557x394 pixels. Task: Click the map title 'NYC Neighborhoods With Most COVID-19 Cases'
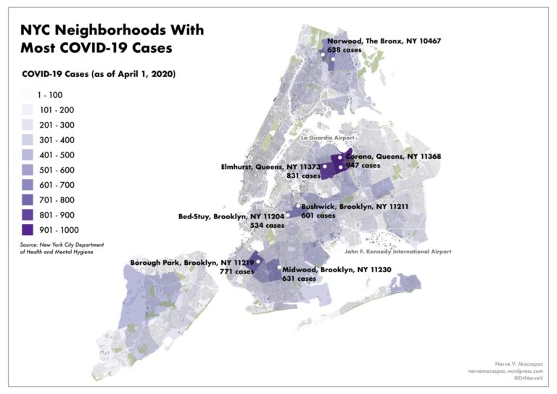(x=112, y=40)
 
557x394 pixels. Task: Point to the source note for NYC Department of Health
(x=57, y=249)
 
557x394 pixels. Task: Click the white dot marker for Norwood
(x=333, y=59)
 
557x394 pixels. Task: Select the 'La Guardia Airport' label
(x=329, y=137)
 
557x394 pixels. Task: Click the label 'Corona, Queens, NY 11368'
(x=393, y=157)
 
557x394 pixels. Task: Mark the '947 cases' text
(x=363, y=166)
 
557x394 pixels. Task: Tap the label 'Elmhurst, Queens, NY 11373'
(x=270, y=167)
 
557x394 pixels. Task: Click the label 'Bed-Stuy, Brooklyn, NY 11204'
(x=231, y=216)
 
